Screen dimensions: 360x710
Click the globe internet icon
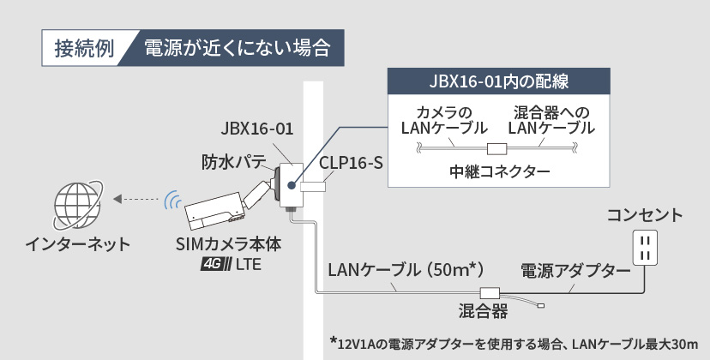tap(75, 203)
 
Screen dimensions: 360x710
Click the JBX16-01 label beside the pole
tap(256, 129)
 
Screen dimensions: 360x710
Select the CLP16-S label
tap(350, 162)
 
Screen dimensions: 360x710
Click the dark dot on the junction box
tap(292, 184)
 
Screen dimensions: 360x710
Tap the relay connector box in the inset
tap(496, 148)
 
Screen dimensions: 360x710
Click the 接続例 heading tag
tap(84, 46)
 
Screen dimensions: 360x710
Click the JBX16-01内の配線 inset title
tap(500, 82)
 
